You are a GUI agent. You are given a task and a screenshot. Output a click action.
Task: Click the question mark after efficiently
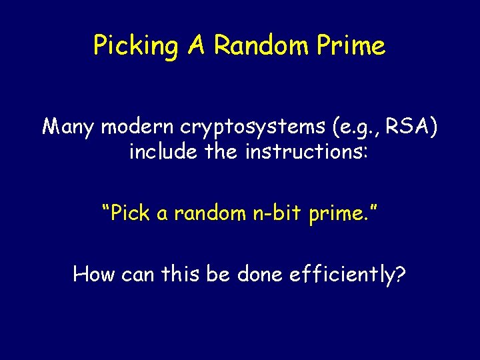(400, 273)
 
